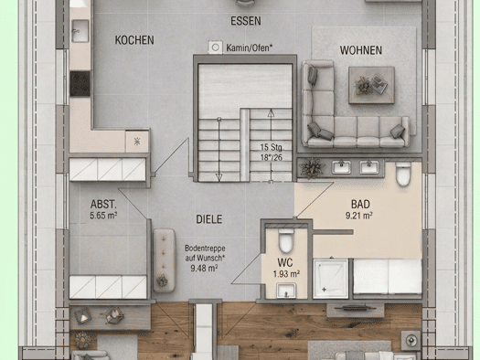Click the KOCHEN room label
134,40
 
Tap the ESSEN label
246,21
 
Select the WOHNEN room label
361,50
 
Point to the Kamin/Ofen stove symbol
215,48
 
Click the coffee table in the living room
371,85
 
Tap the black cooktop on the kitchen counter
80,84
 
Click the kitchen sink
80,31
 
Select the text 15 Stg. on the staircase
272,147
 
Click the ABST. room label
103,204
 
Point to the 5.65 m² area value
103,216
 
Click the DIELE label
209,219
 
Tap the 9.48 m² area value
204,269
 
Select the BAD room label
360,204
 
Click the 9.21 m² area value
358,216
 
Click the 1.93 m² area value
286,274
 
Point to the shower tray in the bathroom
331,279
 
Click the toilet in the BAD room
403,175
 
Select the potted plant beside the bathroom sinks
312,168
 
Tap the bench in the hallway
164,260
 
